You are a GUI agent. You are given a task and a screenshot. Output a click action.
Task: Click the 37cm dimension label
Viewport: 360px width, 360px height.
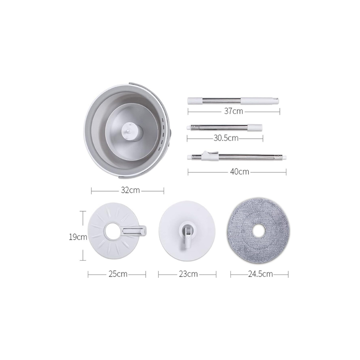pos(234,111)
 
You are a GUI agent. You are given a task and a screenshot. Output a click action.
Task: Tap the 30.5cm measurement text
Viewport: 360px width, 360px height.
pos(226,138)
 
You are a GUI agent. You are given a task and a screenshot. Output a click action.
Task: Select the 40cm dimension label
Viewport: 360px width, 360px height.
pos(239,172)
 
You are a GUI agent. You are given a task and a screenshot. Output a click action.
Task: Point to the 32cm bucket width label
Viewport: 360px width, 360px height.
pos(130,190)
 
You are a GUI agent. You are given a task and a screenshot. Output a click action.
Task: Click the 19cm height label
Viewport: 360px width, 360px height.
pos(78,237)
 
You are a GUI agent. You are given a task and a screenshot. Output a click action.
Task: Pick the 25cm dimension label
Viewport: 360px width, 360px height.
pos(118,274)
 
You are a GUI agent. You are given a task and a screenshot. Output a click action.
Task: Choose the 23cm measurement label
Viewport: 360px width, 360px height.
pos(188,274)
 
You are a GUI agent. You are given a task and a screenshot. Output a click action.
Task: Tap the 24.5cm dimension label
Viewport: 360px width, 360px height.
pos(260,274)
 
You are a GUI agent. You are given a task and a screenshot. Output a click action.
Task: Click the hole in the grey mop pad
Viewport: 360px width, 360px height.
pos(259,231)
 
